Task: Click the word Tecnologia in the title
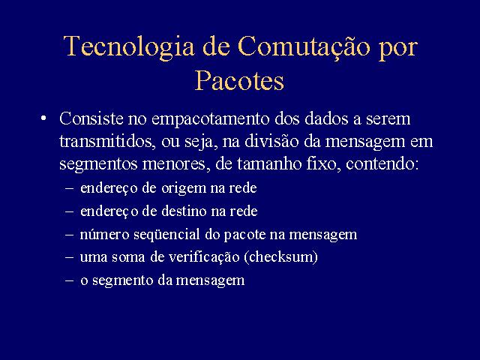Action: pos(129,46)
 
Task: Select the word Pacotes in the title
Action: pos(240,80)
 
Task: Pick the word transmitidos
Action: pos(106,142)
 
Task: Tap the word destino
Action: pos(184,211)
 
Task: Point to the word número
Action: pos(104,234)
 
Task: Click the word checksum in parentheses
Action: pos(280,256)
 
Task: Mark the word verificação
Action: pos(204,256)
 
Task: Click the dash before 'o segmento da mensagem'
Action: pos(70,280)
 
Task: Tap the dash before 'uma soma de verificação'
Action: pos(70,257)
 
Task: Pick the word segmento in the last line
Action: pos(122,280)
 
